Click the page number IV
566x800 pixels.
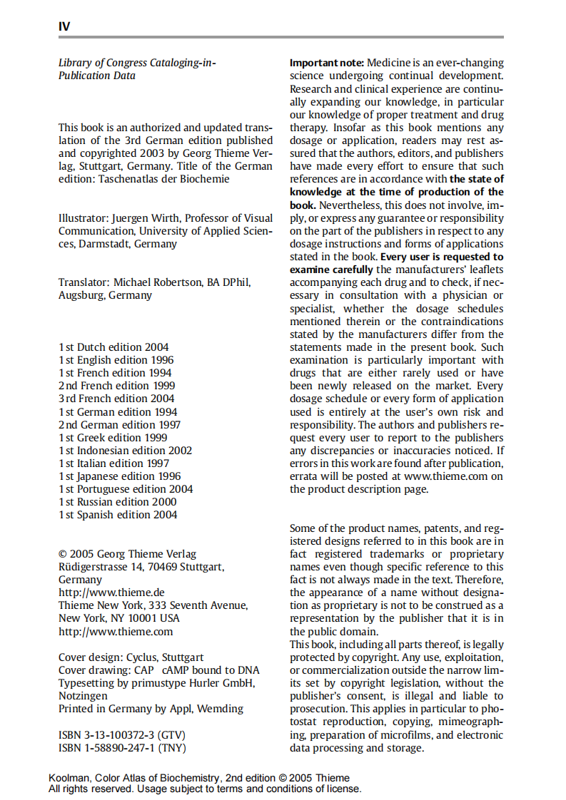pyautogui.click(x=64, y=26)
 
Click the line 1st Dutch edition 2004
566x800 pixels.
pyautogui.click(x=113, y=347)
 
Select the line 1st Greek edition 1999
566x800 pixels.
pyautogui.click(x=113, y=438)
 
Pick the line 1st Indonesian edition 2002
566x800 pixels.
pyautogui.click(x=125, y=451)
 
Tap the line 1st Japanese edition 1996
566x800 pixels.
pyautogui.click(x=119, y=476)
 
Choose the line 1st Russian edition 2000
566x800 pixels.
pyautogui.click(x=118, y=502)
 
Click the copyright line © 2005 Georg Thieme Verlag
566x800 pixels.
pyautogui.click(x=127, y=554)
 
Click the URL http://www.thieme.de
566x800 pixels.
pyautogui.click(x=111, y=593)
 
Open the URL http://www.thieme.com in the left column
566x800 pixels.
pyautogui.click(x=115, y=632)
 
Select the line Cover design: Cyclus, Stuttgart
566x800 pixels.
pyautogui.click(x=131, y=657)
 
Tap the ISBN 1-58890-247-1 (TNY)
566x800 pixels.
pyautogui.click(x=122, y=747)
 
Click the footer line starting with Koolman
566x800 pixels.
pyautogui.click(x=199, y=778)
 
